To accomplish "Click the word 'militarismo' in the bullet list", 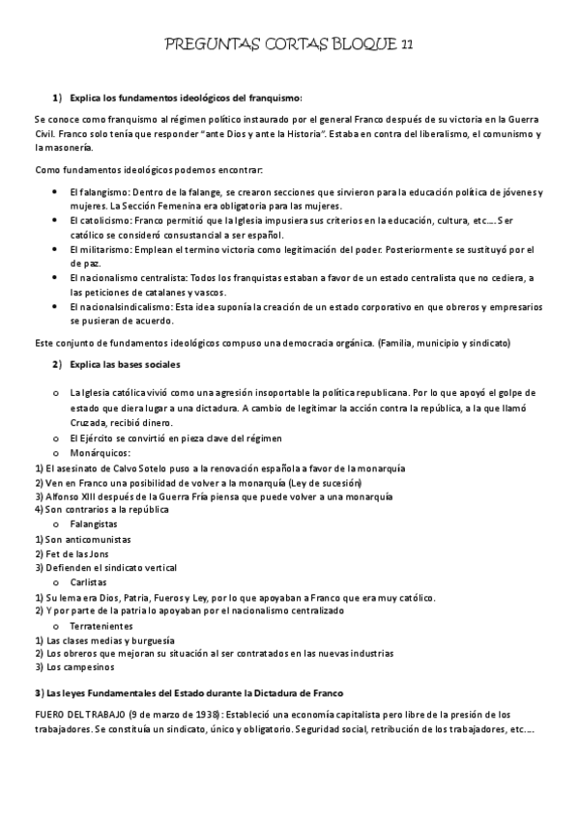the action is click(103, 249).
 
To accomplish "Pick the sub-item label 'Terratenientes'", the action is click(105, 625).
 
